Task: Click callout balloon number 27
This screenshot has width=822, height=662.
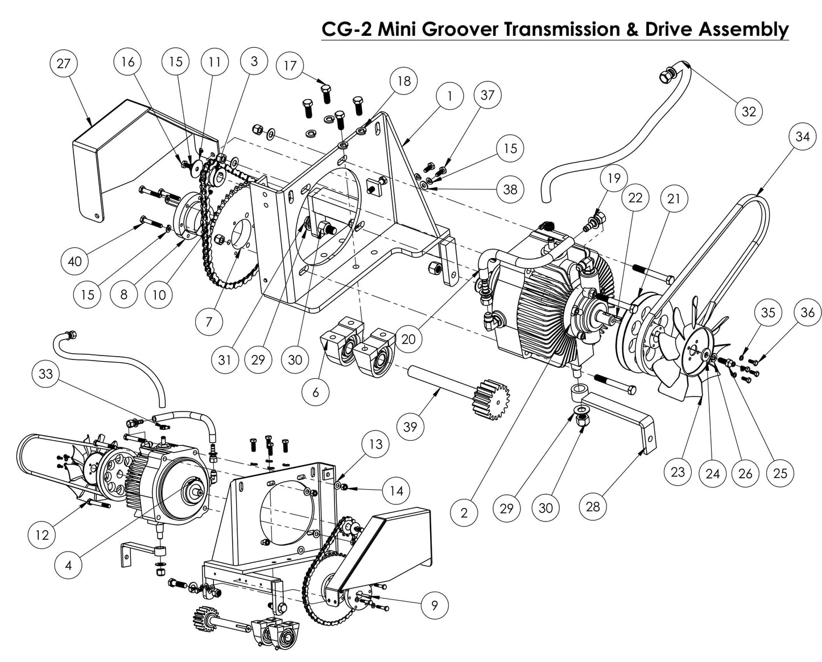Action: point(63,63)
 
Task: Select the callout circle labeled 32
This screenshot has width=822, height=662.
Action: point(749,111)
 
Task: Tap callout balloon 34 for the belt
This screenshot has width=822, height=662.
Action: point(802,137)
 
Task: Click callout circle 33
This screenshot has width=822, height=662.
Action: point(46,374)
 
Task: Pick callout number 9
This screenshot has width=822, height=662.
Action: point(435,606)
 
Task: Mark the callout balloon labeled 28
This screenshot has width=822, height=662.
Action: point(593,507)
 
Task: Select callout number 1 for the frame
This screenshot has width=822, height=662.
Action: point(449,96)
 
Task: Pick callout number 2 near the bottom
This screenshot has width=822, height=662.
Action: point(464,513)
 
